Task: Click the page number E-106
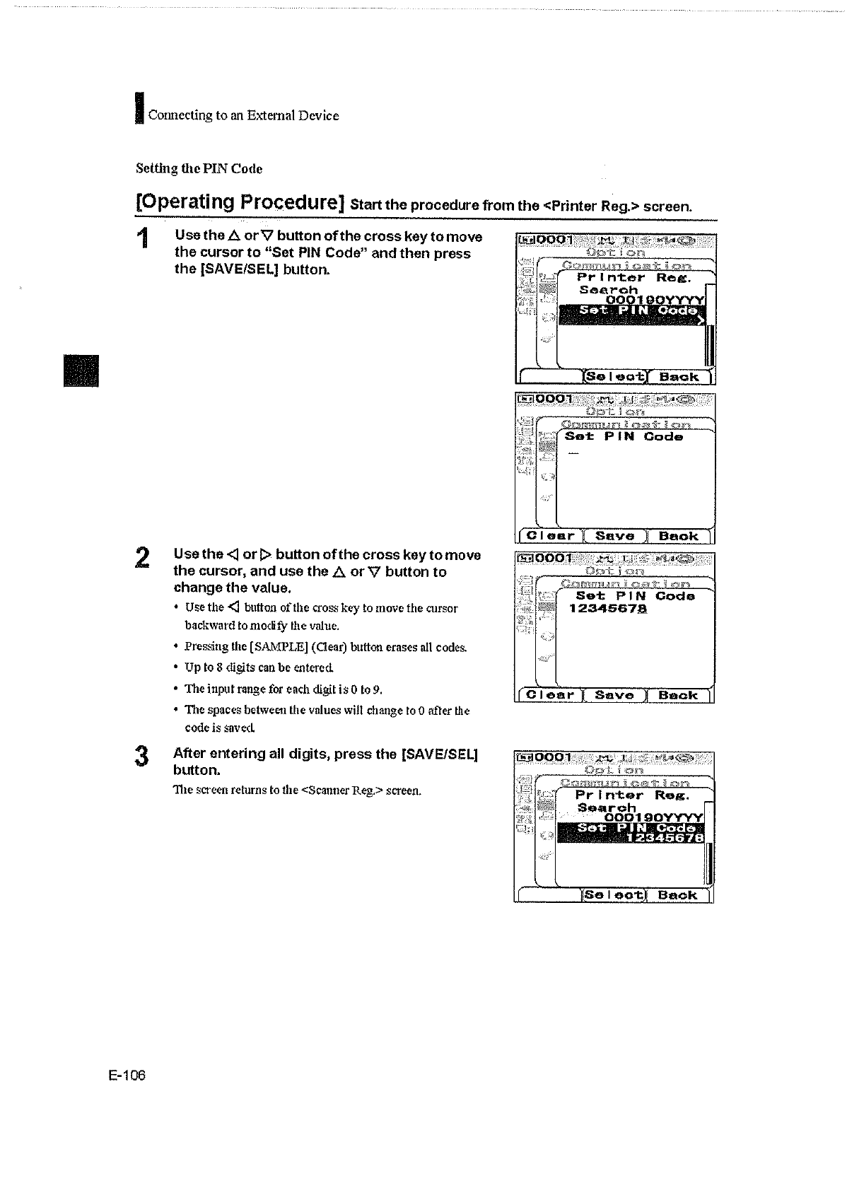point(127,1075)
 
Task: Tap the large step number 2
point(143,558)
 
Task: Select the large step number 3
point(142,757)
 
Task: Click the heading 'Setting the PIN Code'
point(199,169)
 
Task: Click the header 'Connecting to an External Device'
point(243,115)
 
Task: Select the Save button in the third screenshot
point(614,695)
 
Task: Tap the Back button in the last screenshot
point(677,895)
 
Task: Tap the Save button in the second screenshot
point(615,536)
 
